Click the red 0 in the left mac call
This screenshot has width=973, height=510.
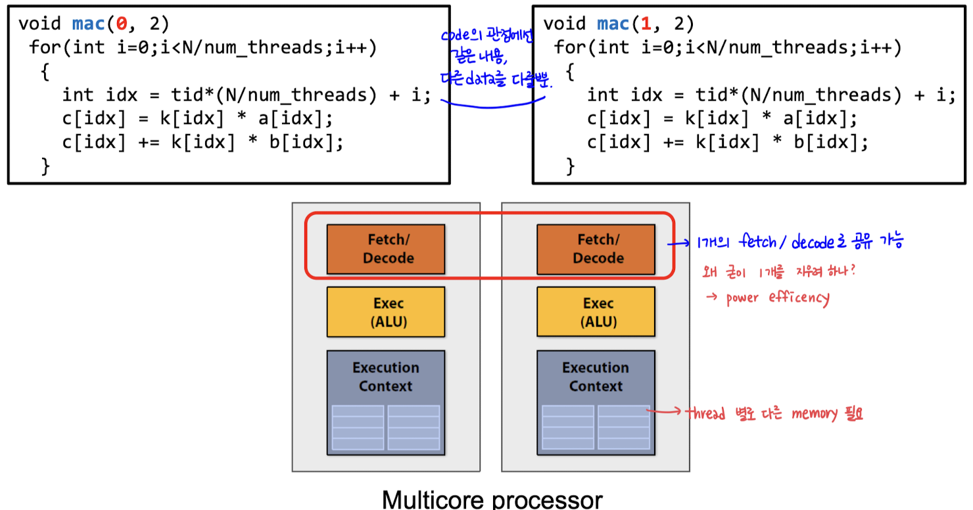click(x=122, y=24)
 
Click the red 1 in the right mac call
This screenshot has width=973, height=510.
click(x=646, y=24)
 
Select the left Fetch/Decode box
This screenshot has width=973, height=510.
click(x=385, y=249)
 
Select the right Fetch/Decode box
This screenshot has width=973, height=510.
click(x=596, y=249)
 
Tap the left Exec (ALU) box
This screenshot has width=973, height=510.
click(x=385, y=312)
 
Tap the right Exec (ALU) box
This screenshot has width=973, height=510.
click(x=596, y=312)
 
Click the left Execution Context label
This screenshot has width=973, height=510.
click(x=385, y=377)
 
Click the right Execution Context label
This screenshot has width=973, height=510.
click(x=596, y=377)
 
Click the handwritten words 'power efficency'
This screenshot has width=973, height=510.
click(x=777, y=298)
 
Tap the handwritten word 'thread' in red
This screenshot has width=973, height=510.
click(x=705, y=413)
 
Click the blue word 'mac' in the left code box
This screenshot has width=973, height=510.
click(x=88, y=24)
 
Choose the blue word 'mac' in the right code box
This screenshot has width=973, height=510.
click(x=613, y=24)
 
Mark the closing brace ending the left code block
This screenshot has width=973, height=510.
click(x=45, y=167)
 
